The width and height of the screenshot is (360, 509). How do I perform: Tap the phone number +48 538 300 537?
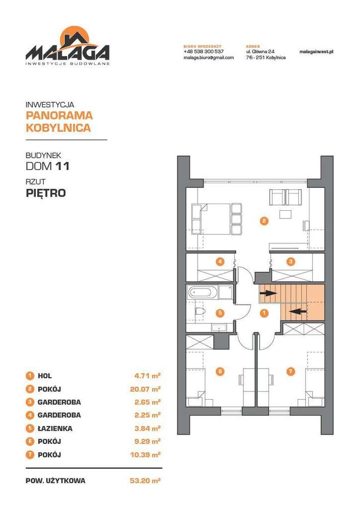click(203, 52)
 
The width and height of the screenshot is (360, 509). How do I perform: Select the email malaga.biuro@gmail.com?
click(208, 58)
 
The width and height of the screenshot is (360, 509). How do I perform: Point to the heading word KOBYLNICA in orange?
click(58, 128)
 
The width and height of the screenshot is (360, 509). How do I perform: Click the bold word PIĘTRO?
click(45, 193)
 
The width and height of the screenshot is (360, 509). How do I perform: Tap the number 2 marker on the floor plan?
click(263, 221)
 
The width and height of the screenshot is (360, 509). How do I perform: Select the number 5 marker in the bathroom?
click(219, 313)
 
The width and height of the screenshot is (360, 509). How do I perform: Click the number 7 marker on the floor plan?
click(290, 372)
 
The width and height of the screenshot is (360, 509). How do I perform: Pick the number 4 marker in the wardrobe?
click(219, 262)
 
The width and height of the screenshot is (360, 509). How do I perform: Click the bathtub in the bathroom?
click(202, 293)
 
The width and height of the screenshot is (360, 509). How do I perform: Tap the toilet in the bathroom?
click(200, 311)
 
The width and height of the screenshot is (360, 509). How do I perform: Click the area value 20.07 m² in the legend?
click(146, 389)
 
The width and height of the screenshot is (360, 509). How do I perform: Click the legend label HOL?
click(45, 376)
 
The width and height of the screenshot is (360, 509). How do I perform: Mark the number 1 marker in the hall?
click(263, 313)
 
